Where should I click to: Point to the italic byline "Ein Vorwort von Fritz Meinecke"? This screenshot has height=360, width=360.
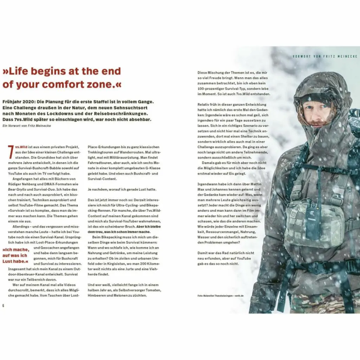(x=27, y=126)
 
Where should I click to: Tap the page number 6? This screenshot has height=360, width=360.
(x=4, y=305)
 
